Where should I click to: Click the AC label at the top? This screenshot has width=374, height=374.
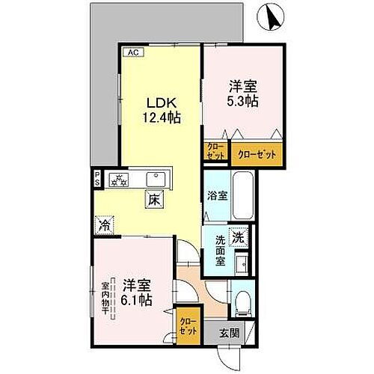[132, 52]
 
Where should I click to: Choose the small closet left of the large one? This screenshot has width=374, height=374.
[215, 152]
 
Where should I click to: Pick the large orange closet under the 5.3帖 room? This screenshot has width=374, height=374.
[257, 153]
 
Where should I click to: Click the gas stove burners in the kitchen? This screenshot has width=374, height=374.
[119, 179]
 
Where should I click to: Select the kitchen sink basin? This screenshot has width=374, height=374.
[156, 180]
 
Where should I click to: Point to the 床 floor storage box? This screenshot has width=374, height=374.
[153, 200]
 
